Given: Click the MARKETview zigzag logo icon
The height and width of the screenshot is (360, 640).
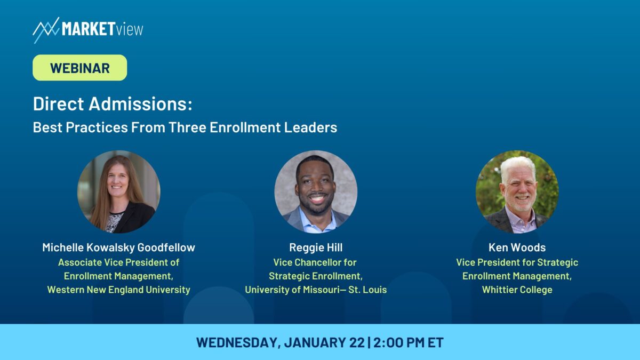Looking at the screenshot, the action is (46, 30).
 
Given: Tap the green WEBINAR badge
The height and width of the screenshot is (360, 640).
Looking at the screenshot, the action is (79, 68).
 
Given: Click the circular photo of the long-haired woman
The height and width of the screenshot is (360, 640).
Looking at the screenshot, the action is (118, 191).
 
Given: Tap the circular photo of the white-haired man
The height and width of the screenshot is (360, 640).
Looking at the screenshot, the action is (517, 191).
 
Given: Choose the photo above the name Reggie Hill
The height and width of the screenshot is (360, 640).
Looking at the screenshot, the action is (316, 191).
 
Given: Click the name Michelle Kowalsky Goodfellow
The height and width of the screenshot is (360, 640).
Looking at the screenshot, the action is (118, 247).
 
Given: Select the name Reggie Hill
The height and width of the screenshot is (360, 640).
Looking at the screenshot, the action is (316, 247).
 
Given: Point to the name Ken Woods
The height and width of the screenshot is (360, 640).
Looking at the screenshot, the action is (517, 247).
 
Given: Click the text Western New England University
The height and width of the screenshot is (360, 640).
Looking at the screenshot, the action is (118, 290).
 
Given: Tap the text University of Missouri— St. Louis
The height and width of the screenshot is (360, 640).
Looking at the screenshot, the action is (316, 290).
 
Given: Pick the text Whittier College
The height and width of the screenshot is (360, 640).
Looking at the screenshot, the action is (517, 290).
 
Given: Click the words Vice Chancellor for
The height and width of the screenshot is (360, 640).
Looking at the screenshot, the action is (315, 262).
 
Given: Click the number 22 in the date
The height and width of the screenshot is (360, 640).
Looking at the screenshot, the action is (357, 342).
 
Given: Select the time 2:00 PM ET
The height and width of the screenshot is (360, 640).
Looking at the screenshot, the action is (409, 342).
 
